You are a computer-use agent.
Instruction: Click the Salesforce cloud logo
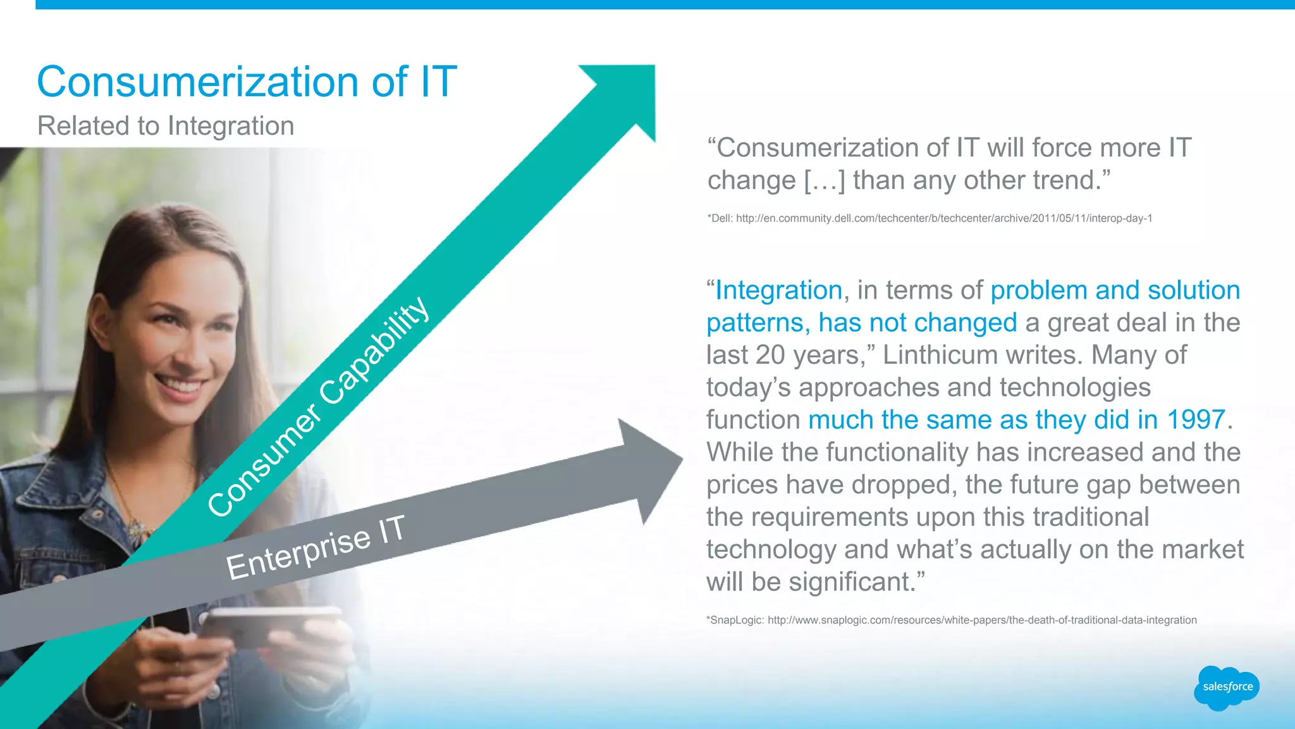click(x=1226, y=687)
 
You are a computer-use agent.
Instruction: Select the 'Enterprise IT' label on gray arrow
click(x=316, y=547)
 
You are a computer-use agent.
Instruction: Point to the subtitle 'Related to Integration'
click(x=166, y=125)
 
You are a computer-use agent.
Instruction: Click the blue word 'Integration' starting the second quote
click(x=778, y=290)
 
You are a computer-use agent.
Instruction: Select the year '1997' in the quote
click(x=1196, y=420)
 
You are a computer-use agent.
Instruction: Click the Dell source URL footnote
click(x=930, y=218)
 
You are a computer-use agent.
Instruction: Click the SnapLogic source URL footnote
click(x=951, y=620)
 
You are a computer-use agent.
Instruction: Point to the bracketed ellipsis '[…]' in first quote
click(x=824, y=180)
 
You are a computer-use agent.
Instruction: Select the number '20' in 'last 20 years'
click(x=770, y=355)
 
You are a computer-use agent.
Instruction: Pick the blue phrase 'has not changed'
click(x=918, y=323)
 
